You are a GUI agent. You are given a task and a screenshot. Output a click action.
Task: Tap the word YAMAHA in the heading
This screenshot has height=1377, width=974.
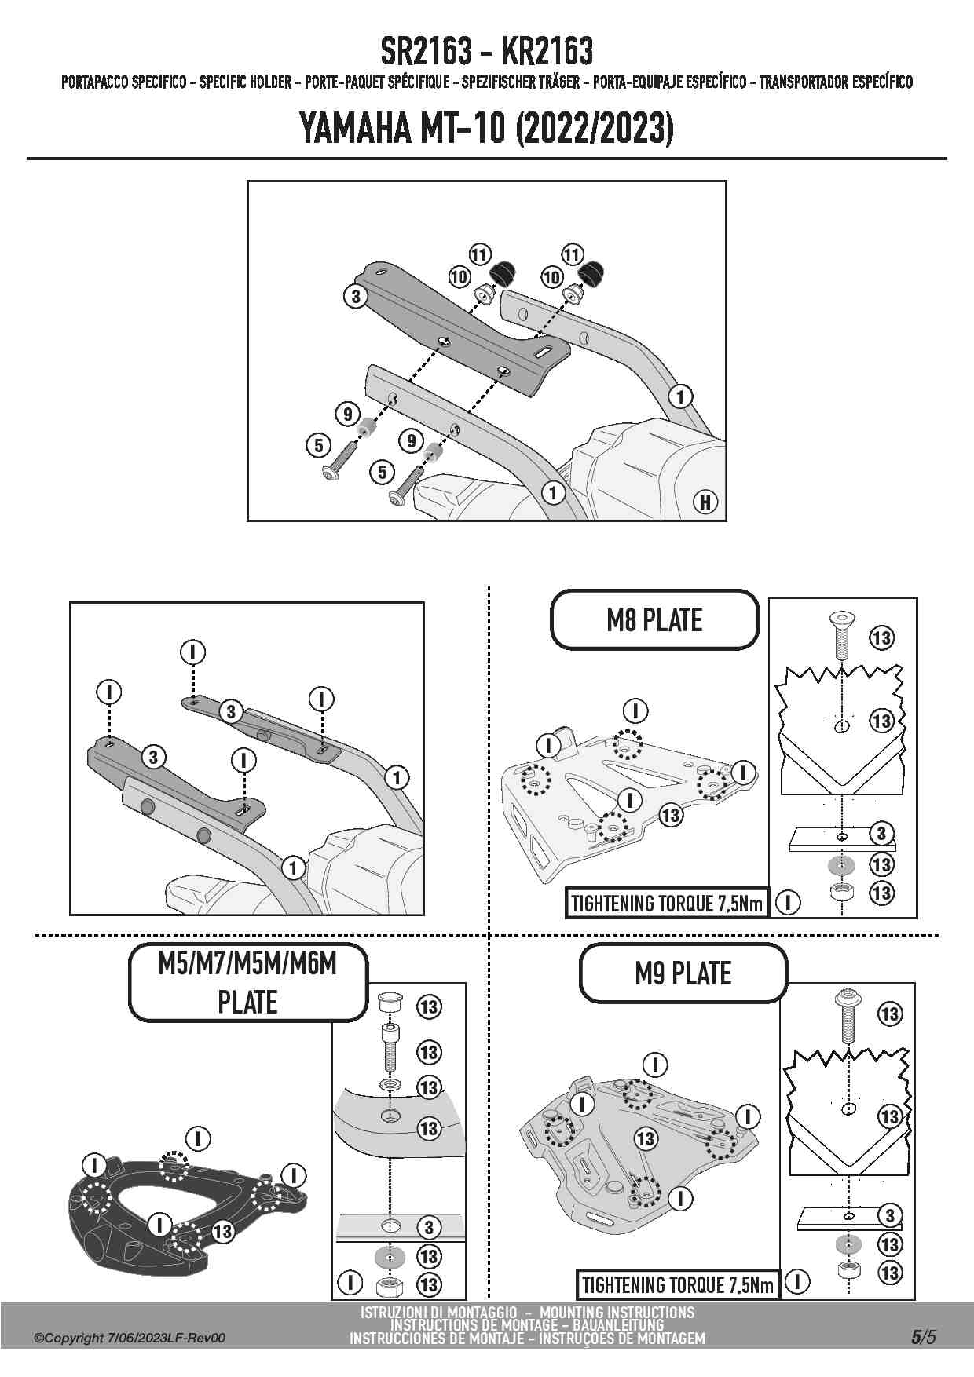pos(355,129)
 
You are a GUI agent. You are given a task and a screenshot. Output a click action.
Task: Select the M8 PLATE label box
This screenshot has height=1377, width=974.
pos(654,620)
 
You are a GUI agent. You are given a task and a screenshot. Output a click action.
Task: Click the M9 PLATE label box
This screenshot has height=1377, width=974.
pos(683,973)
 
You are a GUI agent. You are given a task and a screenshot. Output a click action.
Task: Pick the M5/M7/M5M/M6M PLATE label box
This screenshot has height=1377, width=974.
pos(247,982)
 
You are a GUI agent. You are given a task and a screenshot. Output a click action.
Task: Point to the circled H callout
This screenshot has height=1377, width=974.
pos(705,502)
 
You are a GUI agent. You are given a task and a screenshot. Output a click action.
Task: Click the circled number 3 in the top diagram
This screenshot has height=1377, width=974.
pos(356,296)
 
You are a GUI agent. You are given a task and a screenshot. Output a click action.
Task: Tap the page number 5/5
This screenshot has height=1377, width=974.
pos(923,1337)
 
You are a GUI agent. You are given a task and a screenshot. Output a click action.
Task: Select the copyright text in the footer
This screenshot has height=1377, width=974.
pos(130,1338)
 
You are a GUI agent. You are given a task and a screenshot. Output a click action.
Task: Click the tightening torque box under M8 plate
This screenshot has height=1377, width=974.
pos(666,904)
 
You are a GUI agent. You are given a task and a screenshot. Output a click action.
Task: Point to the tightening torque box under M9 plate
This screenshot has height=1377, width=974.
pos(677,1285)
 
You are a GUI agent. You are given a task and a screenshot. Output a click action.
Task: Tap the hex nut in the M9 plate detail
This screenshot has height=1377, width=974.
pos(848,1271)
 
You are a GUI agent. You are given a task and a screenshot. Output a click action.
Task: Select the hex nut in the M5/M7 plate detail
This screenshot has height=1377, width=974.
pos(387,1285)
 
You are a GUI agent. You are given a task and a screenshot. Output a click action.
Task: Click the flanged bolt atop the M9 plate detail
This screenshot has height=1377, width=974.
pos(848,1014)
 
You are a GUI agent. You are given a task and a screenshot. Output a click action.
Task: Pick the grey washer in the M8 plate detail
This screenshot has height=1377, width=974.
pos(841,866)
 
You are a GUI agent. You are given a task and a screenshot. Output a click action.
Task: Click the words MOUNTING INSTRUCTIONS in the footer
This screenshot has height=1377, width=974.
pos(617,1313)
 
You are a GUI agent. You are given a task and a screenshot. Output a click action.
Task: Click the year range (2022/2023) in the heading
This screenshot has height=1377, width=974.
pos(594,129)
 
